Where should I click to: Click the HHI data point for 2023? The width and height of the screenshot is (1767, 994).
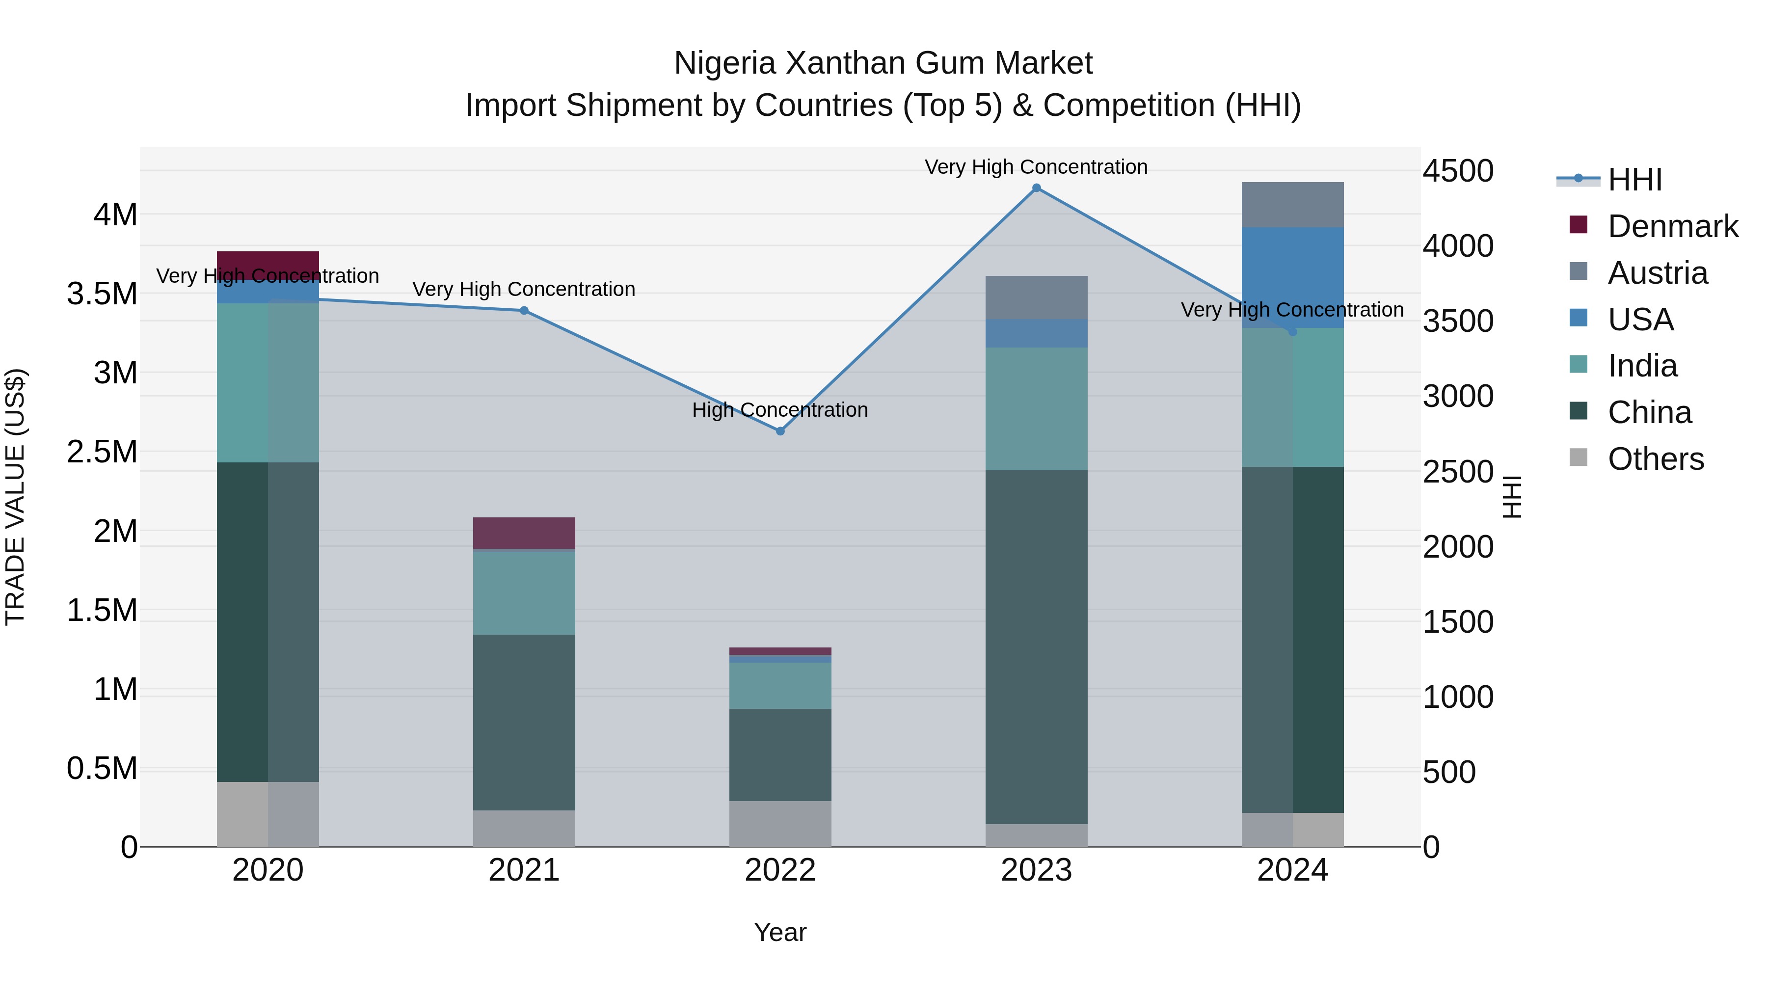pos(1037,188)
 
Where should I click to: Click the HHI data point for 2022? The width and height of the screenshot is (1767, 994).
pos(780,431)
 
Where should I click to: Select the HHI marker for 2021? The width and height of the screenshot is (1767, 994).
pos(524,311)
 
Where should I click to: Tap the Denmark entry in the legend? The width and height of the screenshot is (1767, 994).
pos(1672,226)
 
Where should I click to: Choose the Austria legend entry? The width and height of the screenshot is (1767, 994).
pos(1657,273)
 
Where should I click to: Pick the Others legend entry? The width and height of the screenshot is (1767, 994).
pos(1655,459)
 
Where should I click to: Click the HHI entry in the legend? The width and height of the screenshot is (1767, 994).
pos(1634,180)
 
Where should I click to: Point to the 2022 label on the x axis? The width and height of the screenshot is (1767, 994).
pos(780,870)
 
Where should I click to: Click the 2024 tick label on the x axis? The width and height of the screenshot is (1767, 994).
pos(1292,870)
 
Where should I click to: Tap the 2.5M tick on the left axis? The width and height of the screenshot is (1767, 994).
pos(102,452)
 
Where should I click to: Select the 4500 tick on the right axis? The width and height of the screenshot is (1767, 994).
pos(1458,171)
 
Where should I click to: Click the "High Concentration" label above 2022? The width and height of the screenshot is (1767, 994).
pos(780,409)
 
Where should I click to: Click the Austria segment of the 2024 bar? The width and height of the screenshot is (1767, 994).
pos(1292,204)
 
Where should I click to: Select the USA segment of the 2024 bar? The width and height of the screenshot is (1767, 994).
pos(1292,268)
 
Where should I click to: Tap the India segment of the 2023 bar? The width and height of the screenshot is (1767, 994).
pos(1037,408)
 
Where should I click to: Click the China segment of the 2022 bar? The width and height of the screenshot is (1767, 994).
pos(780,754)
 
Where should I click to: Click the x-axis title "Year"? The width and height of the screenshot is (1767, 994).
pos(780,932)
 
